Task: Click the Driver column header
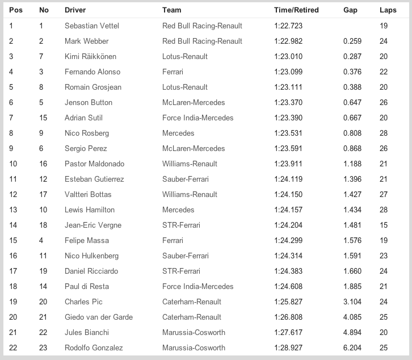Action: (x=75, y=10)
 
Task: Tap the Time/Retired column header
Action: (x=296, y=10)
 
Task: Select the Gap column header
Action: (x=350, y=10)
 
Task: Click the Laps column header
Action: (x=388, y=10)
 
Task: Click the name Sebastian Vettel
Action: (x=92, y=26)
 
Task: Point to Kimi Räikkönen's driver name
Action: (x=93, y=57)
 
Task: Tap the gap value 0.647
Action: (x=353, y=103)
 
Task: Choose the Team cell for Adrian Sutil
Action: (x=197, y=118)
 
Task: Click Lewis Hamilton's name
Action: (x=90, y=210)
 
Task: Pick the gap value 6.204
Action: (x=353, y=348)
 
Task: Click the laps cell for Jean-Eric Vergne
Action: (x=384, y=225)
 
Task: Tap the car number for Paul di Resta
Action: (x=43, y=287)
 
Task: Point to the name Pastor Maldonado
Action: (x=94, y=164)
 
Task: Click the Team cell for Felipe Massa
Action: (x=173, y=241)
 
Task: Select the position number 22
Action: (x=13, y=348)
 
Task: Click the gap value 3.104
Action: (x=353, y=302)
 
